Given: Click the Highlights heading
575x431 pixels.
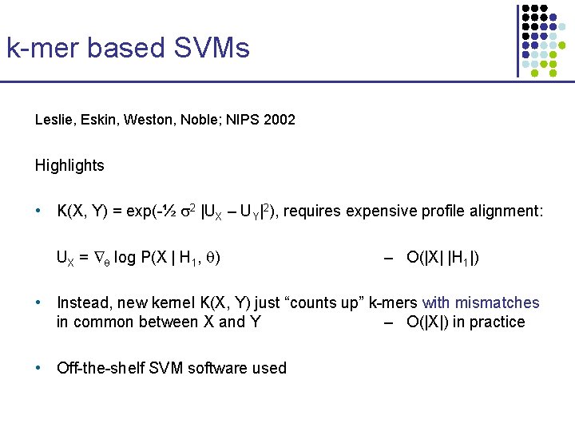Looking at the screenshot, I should tap(69, 165).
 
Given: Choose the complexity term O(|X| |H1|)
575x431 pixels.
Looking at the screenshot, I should tap(443, 258).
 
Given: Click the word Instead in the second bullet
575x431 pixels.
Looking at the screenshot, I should tap(82, 302).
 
